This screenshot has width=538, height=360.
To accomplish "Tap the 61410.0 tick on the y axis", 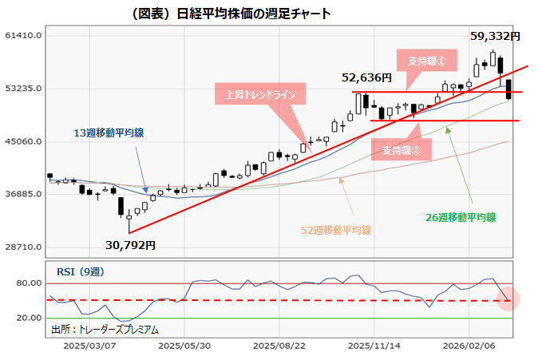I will point(22,36).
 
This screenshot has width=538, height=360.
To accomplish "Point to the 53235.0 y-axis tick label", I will point(22,89).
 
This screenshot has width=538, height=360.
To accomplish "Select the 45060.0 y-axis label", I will point(22,141).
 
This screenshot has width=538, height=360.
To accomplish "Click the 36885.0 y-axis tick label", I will point(22,194).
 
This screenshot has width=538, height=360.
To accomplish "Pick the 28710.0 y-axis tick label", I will point(22,247).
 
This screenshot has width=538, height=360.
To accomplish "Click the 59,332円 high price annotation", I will point(495,36).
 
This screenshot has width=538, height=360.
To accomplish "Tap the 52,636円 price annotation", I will point(366,77).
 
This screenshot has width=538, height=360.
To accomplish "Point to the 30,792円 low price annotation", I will point(131,245).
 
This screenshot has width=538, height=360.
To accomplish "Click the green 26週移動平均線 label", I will point(463,216).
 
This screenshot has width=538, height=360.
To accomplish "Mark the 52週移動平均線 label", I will point(336,230).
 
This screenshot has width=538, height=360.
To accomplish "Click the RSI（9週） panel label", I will point(80,271).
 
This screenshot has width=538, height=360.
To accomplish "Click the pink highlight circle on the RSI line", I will point(509,300).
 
